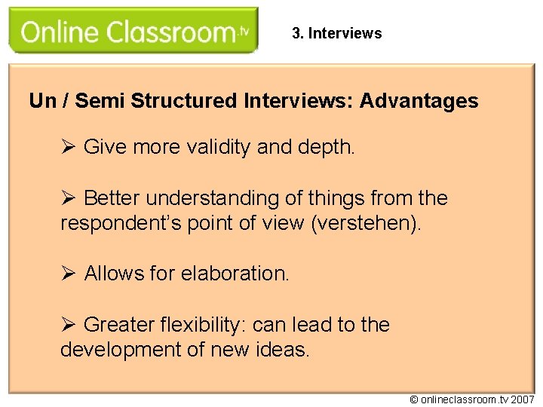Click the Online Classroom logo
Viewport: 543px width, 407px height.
coord(133,32)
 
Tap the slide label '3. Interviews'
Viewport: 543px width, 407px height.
coord(336,33)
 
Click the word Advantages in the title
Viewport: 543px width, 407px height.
coord(419,101)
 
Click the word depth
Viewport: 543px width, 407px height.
coord(327,147)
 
